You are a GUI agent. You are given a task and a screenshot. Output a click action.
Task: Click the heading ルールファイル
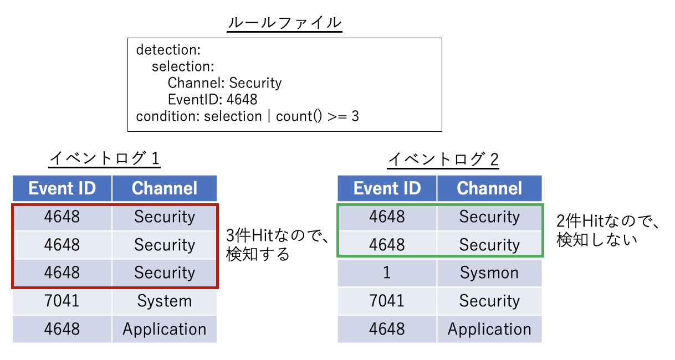click(284, 23)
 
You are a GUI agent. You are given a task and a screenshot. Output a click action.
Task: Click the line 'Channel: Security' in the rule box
click(224, 83)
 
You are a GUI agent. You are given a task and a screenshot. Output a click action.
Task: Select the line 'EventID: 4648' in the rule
click(212, 100)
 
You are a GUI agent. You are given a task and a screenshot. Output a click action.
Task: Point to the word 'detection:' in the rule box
click(167, 50)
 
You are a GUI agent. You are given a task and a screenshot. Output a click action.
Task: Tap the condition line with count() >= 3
click(247, 116)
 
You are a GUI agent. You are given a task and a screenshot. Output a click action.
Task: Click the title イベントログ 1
click(105, 160)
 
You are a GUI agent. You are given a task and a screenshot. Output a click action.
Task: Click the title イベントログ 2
click(443, 160)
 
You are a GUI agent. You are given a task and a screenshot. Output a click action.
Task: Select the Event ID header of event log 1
click(62, 188)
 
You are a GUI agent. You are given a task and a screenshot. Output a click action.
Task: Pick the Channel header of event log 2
click(489, 188)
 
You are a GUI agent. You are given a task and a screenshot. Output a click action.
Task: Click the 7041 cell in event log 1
click(62, 301)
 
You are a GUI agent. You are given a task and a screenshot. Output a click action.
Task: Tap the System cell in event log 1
click(164, 301)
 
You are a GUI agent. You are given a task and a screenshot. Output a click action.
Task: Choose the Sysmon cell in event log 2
click(489, 272)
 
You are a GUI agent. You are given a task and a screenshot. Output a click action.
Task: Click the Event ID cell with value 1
click(387, 272)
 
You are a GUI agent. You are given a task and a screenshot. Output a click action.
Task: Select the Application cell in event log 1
click(164, 329)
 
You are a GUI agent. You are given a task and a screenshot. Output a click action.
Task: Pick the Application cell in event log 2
click(489, 329)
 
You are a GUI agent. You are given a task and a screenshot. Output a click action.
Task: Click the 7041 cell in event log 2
click(387, 301)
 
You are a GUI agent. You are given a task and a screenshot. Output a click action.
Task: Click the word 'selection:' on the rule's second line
click(183, 66)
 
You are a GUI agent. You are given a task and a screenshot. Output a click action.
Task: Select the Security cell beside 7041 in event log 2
click(489, 301)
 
